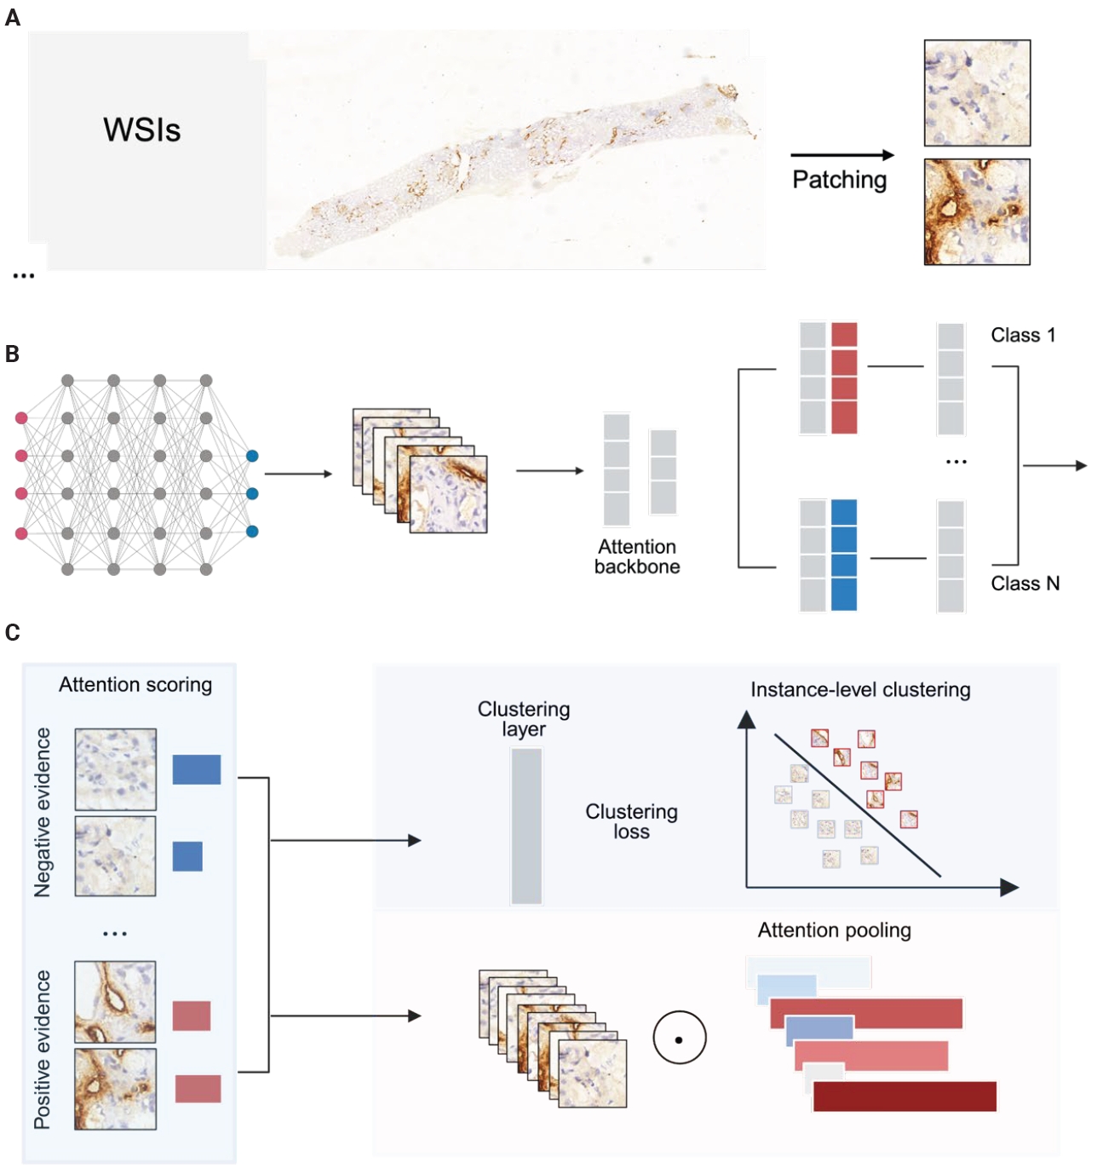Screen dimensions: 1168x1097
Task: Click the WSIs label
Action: (141, 130)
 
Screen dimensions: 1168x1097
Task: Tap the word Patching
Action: (839, 180)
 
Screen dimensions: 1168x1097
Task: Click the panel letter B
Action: (12, 354)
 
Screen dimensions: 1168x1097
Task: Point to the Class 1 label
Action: (1022, 336)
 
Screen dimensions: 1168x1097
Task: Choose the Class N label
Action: (1025, 584)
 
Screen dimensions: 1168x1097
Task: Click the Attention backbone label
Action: (637, 557)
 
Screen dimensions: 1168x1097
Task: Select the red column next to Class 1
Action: (843, 377)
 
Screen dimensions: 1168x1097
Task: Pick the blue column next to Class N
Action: (843, 555)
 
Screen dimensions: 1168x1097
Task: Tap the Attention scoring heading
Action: (135, 685)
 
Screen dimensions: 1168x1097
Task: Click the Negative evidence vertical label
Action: (43, 812)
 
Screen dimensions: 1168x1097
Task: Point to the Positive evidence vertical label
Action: (43, 1050)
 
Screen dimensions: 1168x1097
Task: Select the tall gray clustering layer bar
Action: (526, 826)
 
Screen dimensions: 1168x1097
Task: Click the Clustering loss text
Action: (631, 821)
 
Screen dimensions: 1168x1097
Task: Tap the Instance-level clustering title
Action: (860, 690)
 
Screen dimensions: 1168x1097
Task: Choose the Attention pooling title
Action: (834, 930)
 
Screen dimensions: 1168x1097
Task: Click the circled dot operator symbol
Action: (679, 1039)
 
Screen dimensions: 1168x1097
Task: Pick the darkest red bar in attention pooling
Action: (905, 1096)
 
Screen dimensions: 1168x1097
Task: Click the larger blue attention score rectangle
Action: (197, 769)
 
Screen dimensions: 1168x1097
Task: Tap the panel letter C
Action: (12, 633)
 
